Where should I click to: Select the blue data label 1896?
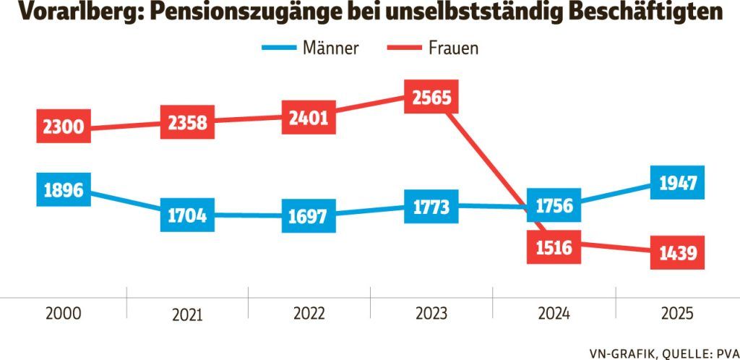tap(63, 190)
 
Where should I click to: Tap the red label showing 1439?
tap(676, 253)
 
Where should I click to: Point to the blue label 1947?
tap(677, 184)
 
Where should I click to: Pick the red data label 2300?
tap(63, 128)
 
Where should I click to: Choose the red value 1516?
tap(554, 249)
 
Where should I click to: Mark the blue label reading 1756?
tap(554, 207)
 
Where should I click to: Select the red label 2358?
tap(186, 122)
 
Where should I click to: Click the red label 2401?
tap(309, 117)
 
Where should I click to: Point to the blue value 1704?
tap(186, 215)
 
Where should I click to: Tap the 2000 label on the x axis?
tap(64, 314)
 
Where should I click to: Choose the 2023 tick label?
tap(431, 314)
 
